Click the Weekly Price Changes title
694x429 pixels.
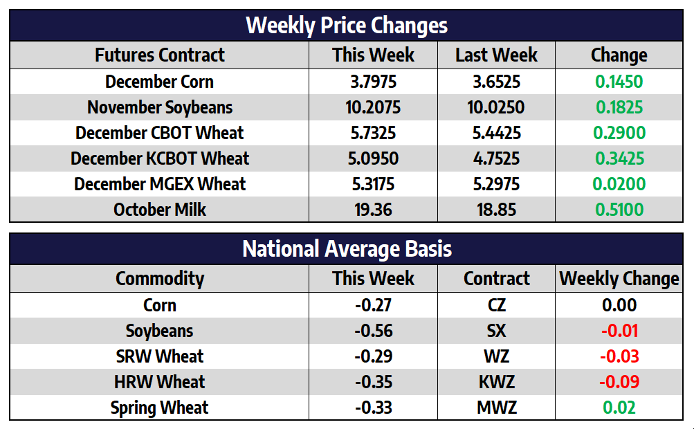click(347, 26)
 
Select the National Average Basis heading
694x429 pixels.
click(347, 249)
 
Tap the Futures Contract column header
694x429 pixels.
click(160, 55)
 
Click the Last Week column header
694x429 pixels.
click(496, 55)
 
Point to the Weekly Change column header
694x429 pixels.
click(619, 279)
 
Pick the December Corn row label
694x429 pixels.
click(160, 82)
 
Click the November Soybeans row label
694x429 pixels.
click(160, 107)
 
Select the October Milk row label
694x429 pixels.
click(160, 210)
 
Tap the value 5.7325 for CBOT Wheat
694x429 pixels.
click(374, 133)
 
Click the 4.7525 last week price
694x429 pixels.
click(496, 158)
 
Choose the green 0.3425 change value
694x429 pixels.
click(619, 158)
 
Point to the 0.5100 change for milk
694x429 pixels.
click(619, 210)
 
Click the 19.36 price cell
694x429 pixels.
click(374, 210)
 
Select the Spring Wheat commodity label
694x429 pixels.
click(160, 408)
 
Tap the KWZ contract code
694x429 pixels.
click(496, 382)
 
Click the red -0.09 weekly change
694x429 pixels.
click(619, 382)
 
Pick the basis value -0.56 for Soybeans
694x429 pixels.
click(374, 331)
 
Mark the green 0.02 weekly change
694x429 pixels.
click(619, 408)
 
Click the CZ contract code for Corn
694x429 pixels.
click(496, 305)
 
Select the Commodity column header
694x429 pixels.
click(160, 279)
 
